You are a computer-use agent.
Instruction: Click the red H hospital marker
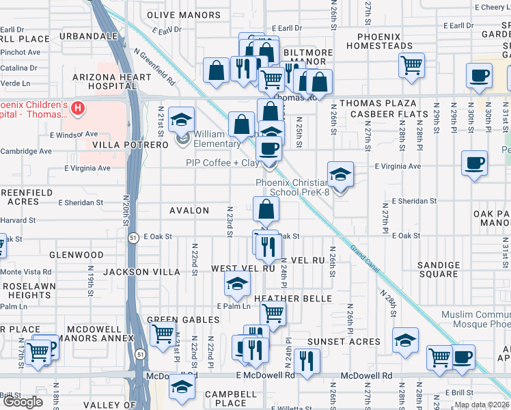click(x=79, y=108)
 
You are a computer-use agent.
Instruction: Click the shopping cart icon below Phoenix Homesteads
click(x=411, y=66)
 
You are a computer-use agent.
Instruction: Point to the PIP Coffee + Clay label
click(x=223, y=163)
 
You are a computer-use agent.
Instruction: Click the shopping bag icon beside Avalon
click(x=266, y=209)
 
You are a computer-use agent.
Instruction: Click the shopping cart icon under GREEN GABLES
click(x=163, y=334)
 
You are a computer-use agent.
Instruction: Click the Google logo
click(x=23, y=402)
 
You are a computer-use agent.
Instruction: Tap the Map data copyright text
click(x=482, y=405)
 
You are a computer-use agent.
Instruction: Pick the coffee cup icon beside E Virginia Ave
click(x=474, y=163)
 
